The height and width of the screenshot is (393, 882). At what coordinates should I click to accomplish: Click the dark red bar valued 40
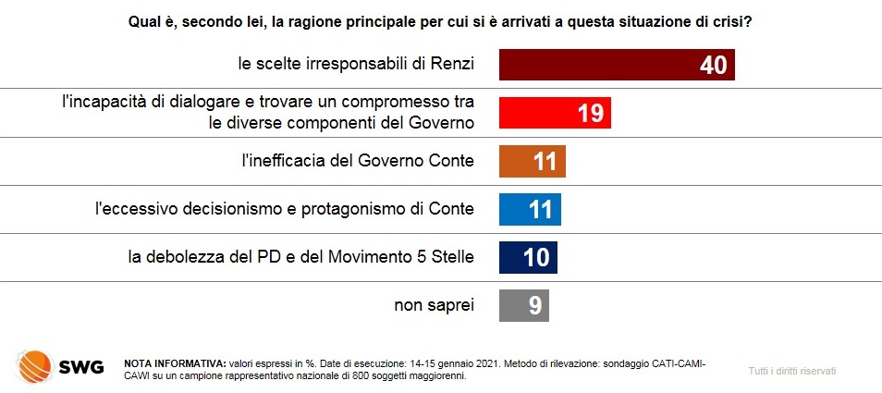point(617,65)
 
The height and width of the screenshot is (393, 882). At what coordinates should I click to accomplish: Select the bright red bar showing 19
point(556,113)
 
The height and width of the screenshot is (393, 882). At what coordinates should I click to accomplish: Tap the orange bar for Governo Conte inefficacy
point(533,161)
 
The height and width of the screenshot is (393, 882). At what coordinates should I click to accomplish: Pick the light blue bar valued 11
point(530,209)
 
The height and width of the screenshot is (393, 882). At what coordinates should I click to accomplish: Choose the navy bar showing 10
point(528,257)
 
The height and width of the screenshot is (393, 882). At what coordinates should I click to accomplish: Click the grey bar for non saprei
point(523,305)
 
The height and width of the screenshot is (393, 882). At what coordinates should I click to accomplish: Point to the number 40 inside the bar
point(714,66)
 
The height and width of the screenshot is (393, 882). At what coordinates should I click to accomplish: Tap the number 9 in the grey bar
point(535,306)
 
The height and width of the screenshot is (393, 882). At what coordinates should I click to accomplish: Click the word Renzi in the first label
point(452,65)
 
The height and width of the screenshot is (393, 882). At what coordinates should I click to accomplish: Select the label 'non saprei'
point(434,305)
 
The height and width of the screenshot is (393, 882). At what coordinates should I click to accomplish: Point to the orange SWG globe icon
point(35,366)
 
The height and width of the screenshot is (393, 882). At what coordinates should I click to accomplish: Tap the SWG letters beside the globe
point(81,368)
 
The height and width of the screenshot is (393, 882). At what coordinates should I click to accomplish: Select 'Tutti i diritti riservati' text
point(792,371)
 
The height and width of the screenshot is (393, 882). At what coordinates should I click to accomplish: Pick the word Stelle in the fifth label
point(453,257)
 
